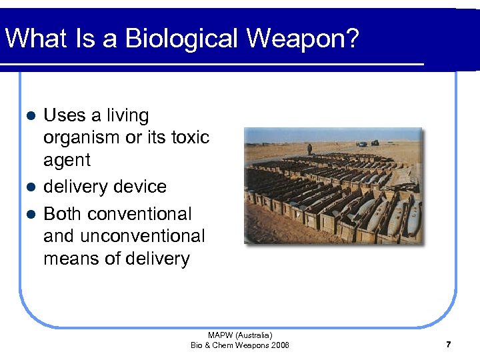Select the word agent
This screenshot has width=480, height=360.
point(67,161)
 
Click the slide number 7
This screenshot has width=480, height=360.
point(448,345)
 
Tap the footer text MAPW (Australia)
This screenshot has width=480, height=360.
point(240,335)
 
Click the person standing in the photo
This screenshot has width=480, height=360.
point(309,149)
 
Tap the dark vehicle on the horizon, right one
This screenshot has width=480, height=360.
point(375,143)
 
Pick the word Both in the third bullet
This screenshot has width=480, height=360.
point(63,214)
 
